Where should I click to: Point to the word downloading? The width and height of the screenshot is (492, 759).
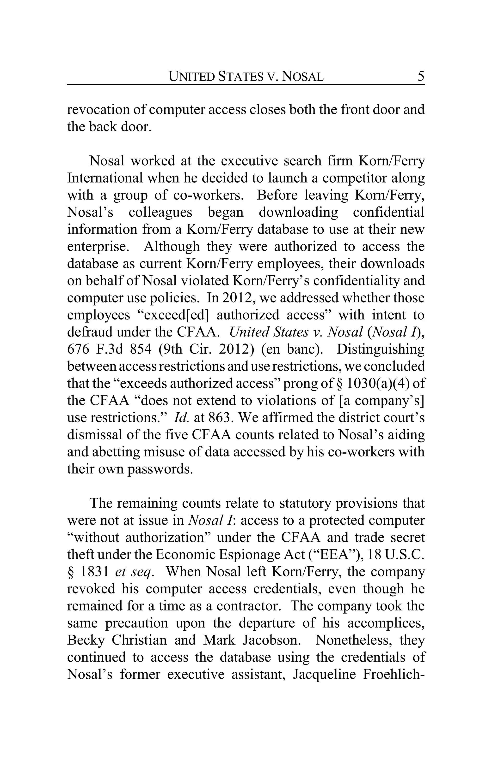pyautogui.click(x=298, y=212)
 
